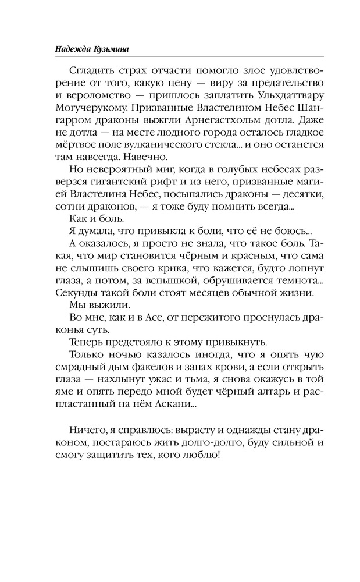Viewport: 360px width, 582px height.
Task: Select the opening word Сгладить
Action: tap(88, 71)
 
